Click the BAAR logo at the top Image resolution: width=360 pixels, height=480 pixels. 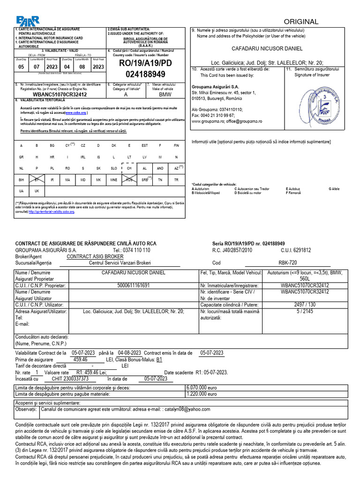tap(29, 21)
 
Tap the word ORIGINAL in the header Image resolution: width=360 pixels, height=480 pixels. tap(301, 22)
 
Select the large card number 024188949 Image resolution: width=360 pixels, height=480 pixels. tap(146, 74)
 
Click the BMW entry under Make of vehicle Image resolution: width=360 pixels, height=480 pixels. tap(165, 94)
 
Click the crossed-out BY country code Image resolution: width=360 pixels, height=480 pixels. tap(37, 180)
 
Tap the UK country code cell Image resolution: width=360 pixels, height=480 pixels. tap(37, 191)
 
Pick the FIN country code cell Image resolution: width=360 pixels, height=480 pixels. tap(176, 145)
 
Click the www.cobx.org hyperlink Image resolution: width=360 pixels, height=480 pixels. tap(75, 113)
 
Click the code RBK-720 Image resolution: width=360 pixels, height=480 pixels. tap(287, 263)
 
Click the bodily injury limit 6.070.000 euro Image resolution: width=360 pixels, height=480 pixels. tap(202, 388)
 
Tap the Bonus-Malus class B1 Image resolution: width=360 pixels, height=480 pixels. tap(159, 360)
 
